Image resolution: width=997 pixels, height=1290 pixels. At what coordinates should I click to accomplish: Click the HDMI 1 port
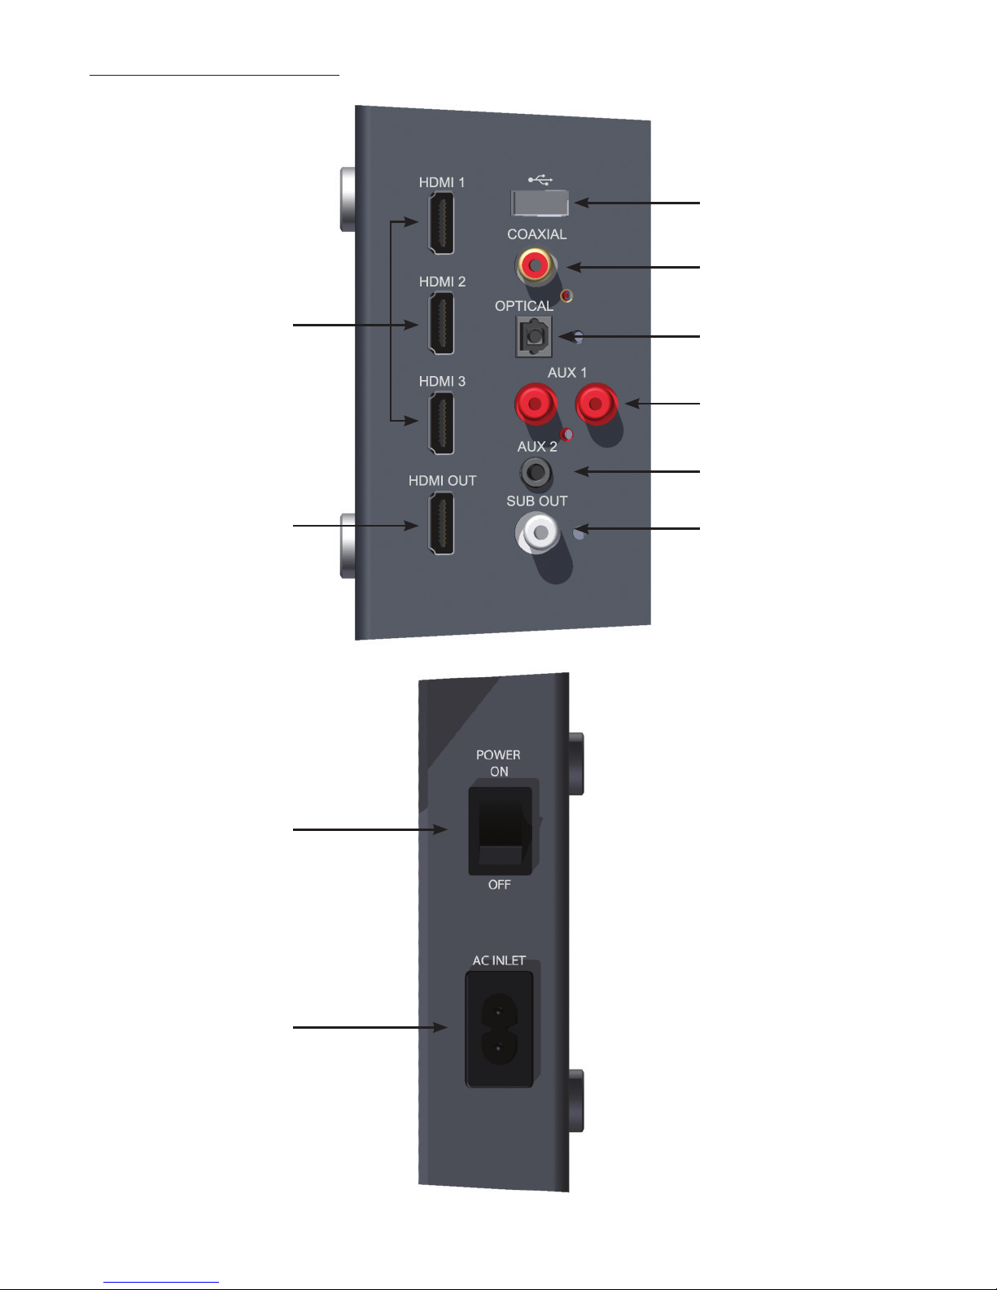(440, 224)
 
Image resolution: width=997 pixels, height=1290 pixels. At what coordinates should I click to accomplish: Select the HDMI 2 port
(440, 323)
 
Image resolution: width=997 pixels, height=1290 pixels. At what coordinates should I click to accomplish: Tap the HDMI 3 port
(440, 422)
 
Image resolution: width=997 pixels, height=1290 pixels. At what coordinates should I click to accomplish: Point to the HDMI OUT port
(440, 525)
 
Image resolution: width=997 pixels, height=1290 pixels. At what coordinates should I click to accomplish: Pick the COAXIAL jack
(536, 265)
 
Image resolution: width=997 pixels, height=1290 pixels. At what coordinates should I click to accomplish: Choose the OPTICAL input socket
(534, 336)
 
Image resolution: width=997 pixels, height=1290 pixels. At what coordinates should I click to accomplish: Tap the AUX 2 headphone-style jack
(535, 471)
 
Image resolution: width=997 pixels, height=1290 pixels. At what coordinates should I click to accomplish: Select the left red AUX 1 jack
(535, 403)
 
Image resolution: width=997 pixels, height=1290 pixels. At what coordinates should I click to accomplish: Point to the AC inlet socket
(499, 1030)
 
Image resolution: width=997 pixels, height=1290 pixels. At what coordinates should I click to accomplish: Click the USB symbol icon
(540, 179)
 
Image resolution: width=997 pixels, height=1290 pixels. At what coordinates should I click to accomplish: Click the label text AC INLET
(499, 960)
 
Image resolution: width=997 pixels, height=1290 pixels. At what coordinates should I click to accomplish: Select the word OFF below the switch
(499, 885)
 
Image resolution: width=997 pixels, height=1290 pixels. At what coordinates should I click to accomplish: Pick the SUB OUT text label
(536, 501)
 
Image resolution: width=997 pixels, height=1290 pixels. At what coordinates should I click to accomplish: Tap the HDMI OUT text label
(442, 481)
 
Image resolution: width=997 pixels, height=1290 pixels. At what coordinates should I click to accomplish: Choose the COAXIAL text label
(536, 234)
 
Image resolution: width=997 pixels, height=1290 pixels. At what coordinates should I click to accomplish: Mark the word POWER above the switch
(498, 755)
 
